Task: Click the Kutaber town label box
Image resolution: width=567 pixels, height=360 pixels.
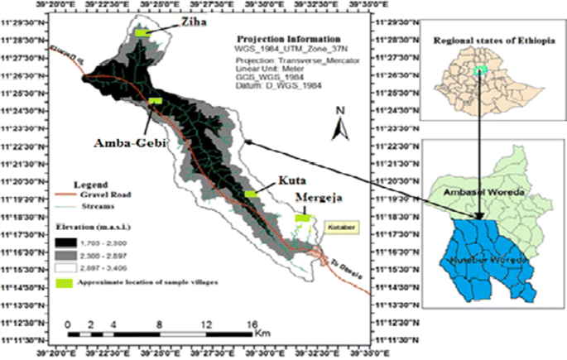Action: tap(339, 224)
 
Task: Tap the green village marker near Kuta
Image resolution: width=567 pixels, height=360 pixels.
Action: tap(250, 194)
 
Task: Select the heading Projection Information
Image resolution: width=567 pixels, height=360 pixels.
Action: tap(288, 39)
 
